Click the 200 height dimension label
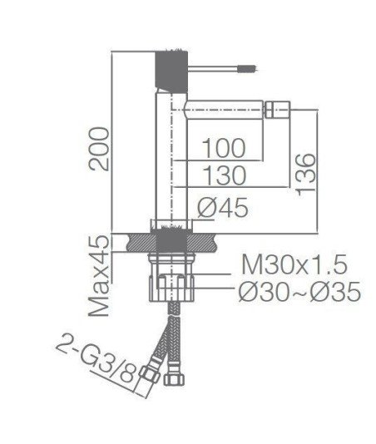[99, 149]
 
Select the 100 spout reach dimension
[224, 148]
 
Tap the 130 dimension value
[225, 175]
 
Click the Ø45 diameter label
[223, 208]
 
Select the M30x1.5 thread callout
[294, 264]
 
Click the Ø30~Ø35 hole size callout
[299, 291]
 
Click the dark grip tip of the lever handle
[247, 68]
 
